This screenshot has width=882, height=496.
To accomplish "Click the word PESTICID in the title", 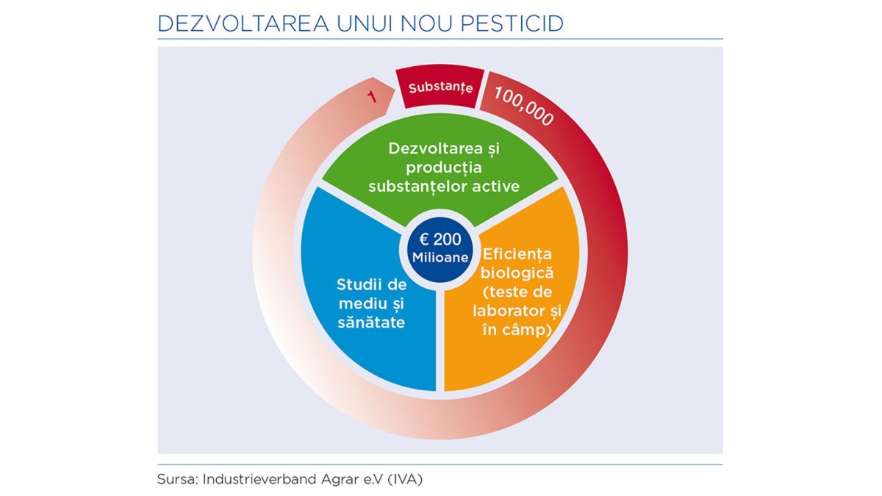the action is (512, 24).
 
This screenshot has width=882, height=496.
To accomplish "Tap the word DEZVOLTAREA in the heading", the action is (243, 24).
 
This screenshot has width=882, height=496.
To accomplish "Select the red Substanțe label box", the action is (440, 87).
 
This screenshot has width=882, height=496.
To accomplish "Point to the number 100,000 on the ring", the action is (524, 106).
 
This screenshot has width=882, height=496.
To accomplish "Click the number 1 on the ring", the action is (372, 97).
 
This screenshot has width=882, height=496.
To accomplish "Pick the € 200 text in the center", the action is (440, 239).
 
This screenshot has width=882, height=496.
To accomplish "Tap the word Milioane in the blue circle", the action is (440, 257).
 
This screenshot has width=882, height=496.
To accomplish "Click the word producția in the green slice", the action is (444, 168).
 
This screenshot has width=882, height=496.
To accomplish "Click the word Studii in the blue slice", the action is (354, 284).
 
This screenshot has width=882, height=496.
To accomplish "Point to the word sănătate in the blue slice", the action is (371, 323).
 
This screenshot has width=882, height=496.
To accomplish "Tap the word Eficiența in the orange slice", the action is (517, 254).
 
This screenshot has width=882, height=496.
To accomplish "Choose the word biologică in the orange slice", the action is (517, 273).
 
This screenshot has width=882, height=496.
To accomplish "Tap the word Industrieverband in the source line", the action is (259, 479).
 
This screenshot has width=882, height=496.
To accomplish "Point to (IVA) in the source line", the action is (405, 479).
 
